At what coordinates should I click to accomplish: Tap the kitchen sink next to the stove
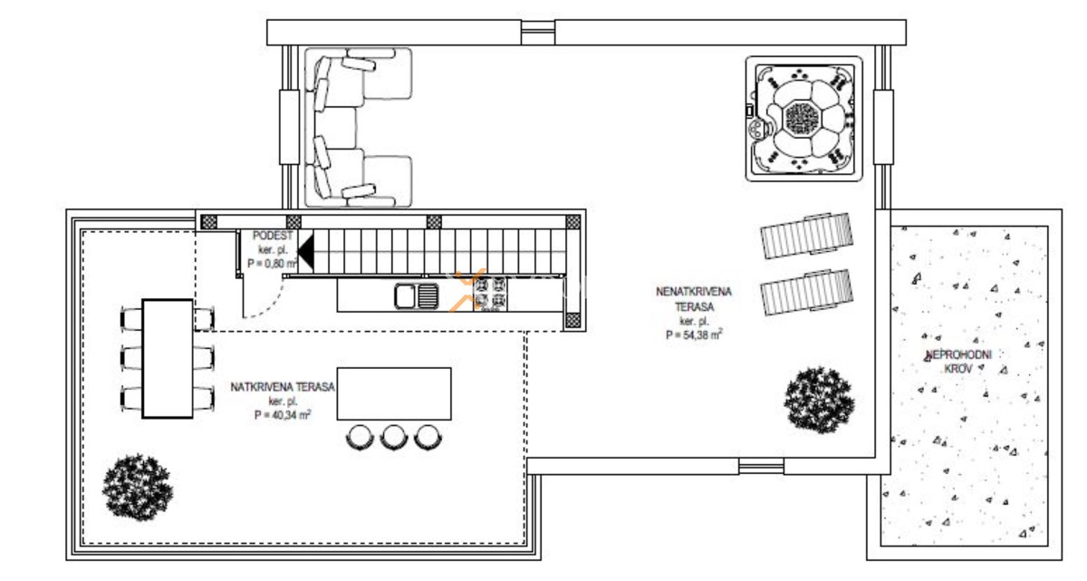pyautogui.click(x=416, y=295)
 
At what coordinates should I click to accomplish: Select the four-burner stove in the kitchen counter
pyautogui.click(x=492, y=295)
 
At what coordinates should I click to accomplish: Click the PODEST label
pyautogui.click(x=274, y=236)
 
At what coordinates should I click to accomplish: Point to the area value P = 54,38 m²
pyautogui.click(x=693, y=334)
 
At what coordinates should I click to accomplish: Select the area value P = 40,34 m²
pyautogui.click(x=283, y=414)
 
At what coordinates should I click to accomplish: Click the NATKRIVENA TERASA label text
pyautogui.click(x=283, y=387)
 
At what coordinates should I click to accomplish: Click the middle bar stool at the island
pyautogui.click(x=392, y=437)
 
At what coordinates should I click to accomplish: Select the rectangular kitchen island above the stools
pyautogui.click(x=394, y=393)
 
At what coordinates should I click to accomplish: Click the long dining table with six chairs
pyautogui.click(x=168, y=358)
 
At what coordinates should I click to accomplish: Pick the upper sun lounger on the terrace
pyautogui.click(x=806, y=236)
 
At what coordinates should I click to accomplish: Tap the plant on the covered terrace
pyautogui.click(x=137, y=485)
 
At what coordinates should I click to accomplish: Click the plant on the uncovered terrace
pyautogui.click(x=819, y=399)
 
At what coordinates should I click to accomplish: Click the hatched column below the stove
pyautogui.click(x=572, y=320)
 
